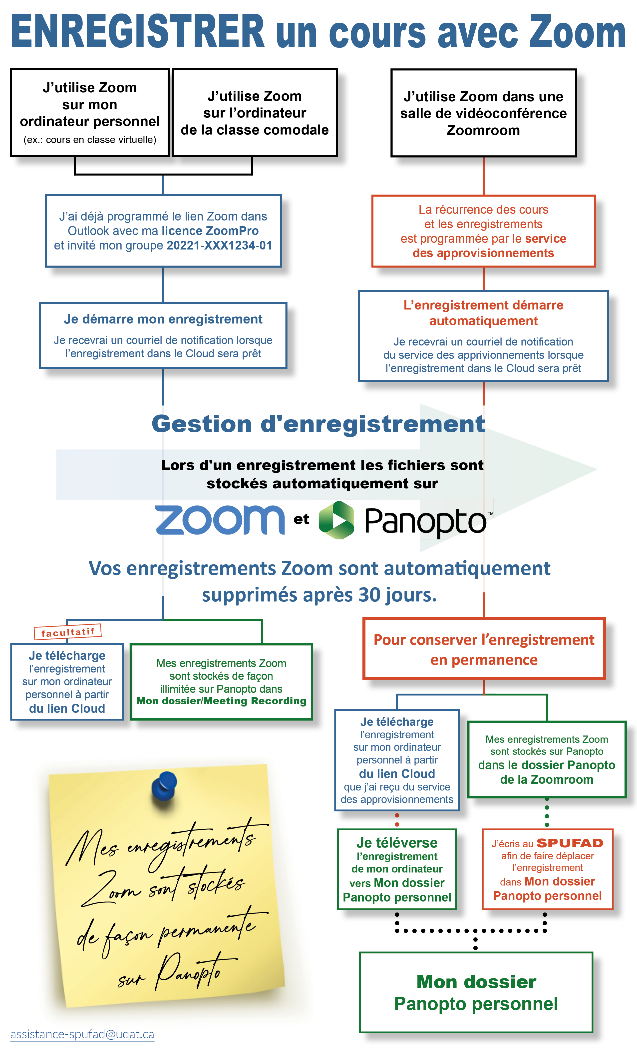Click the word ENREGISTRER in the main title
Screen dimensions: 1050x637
click(138, 32)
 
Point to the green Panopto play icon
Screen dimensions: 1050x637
click(336, 520)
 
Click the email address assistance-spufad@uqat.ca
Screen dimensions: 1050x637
click(82, 1034)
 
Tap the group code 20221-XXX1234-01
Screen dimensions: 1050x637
click(219, 245)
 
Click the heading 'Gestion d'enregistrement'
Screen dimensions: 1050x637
click(318, 424)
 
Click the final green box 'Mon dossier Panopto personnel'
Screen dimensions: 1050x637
click(476, 992)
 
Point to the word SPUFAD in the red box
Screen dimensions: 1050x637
click(570, 843)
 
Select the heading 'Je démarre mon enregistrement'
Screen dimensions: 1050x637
click(163, 319)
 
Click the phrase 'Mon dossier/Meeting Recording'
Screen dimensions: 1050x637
click(221, 701)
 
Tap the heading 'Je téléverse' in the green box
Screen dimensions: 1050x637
click(397, 842)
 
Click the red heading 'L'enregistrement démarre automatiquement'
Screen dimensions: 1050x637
click(483, 313)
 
